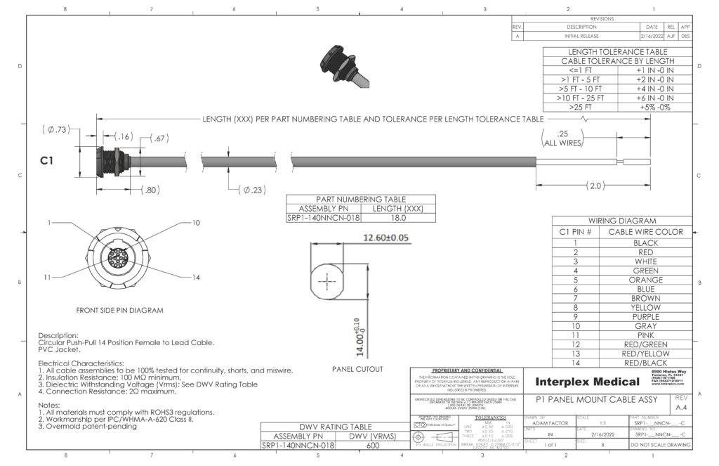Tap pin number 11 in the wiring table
pyautogui.click(x=575, y=335)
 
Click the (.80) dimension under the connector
pyautogui.click(x=152, y=190)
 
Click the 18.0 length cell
pyautogui.click(x=397, y=218)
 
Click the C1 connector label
pyautogui.click(x=47, y=161)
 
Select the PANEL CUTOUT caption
pyautogui.click(x=357, y=369)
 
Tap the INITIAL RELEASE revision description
pyautogui.click(x=581, y=35)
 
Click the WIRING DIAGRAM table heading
pyautogui.click(x=622, y=220)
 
